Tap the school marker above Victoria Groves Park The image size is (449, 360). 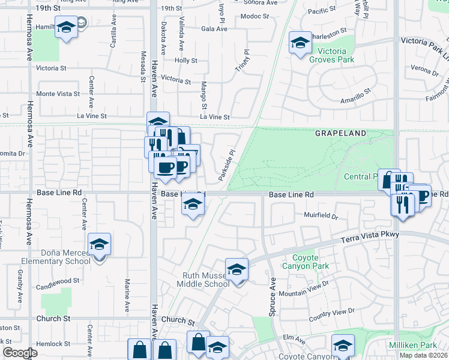point(300,43)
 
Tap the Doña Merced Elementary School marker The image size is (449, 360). point(100,244)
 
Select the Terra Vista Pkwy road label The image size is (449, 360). point(370,237)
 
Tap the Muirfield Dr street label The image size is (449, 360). point(321,215)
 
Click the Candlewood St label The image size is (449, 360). point(58,281)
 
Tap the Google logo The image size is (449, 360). point(20,353)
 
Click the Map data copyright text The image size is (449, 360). point(424,355)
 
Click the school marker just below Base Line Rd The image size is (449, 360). point(193,205)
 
